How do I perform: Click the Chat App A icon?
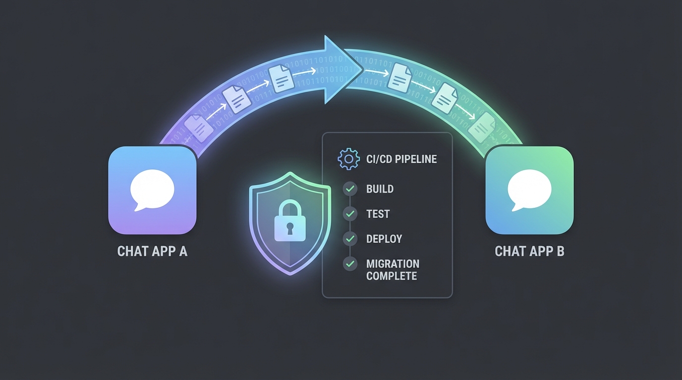152,190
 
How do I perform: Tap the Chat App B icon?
529,190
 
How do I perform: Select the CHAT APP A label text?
152,251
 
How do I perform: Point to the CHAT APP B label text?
529,251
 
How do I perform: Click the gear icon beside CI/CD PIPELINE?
348,159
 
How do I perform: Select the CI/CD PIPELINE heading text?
401,159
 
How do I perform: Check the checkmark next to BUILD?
350,189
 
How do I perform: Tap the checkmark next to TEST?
350,214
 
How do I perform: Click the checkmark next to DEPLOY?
350,238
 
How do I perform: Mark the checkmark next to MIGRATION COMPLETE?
350,264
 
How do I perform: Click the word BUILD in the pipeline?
380,189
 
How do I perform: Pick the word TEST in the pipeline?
378,214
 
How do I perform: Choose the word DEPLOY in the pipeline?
384,239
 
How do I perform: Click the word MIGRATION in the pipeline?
393,264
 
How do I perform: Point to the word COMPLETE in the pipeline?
392,276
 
